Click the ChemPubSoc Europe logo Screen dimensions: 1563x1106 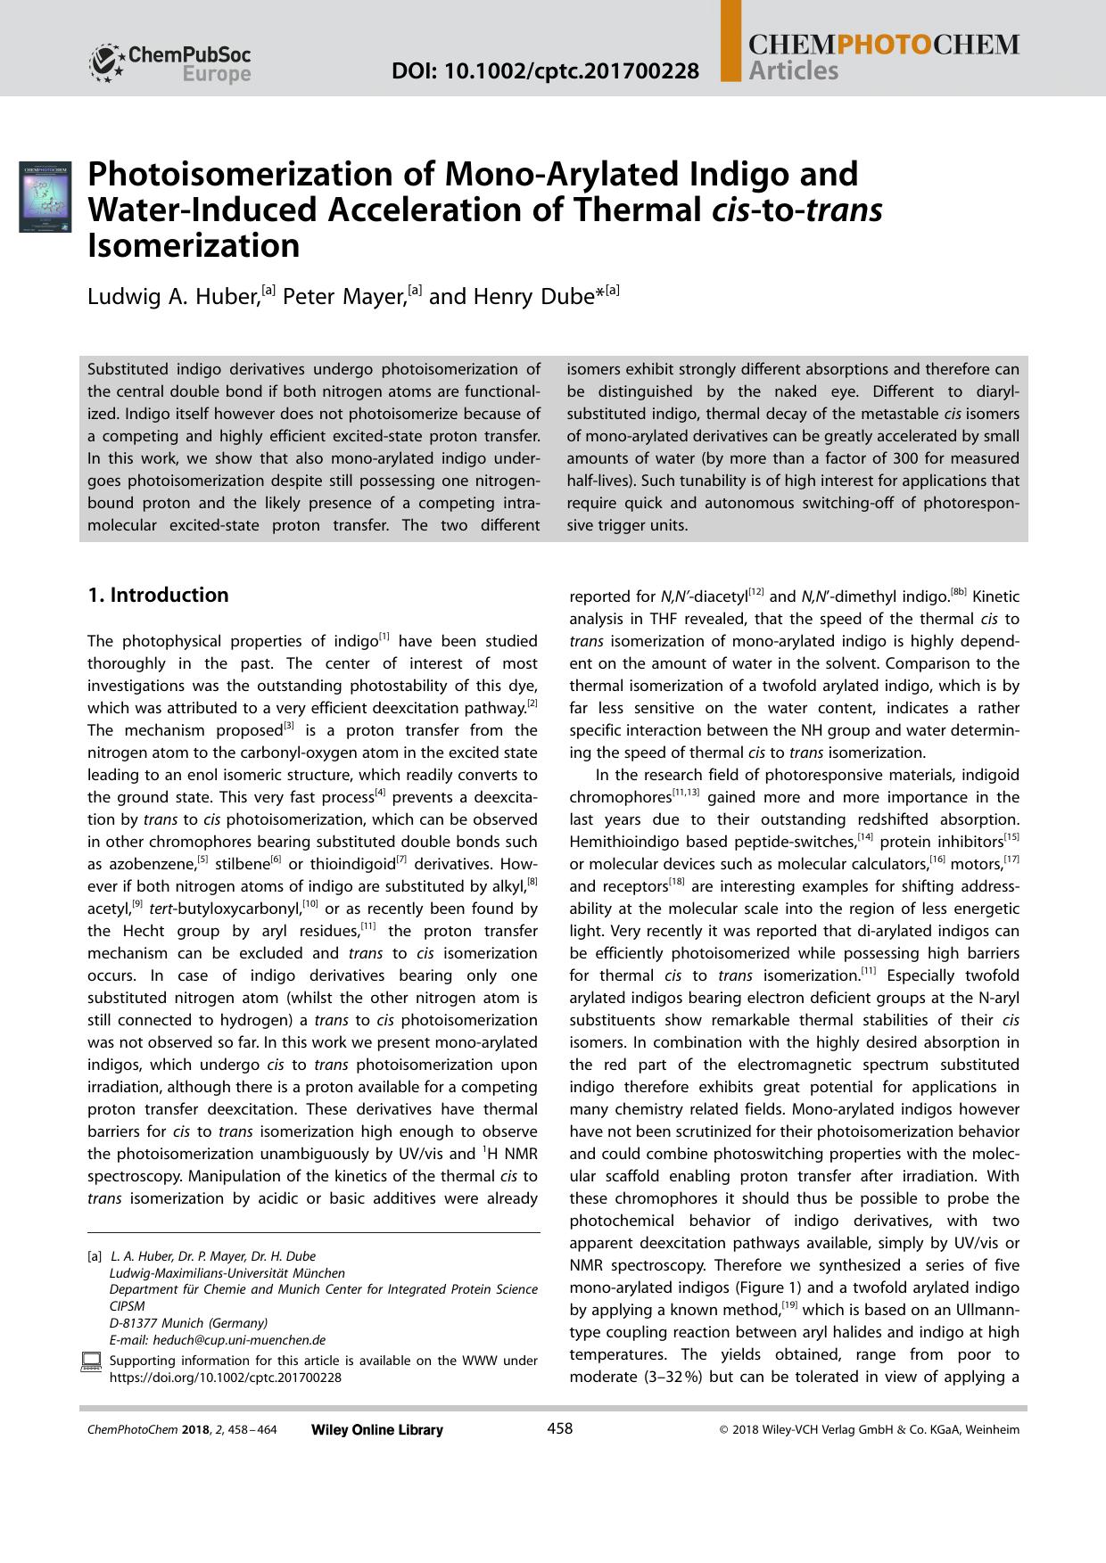(x=170, y=62)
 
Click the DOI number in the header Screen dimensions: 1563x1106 (x=545, y=70)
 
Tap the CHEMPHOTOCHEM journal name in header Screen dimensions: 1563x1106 (x=883, y=45)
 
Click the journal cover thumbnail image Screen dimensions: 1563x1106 (x=45, y=196)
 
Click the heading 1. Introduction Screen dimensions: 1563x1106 (x=158, y=595)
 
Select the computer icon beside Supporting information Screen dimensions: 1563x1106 (x=91, y=1361)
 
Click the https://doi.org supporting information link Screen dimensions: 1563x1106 (x=225, y=1378)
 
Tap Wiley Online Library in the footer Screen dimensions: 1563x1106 (x=376, y=1430)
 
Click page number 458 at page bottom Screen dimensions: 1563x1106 (x=559, y=1429)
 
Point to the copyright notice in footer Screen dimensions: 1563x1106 (x=869, y=1430)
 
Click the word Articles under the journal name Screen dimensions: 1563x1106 (x=794, y=71)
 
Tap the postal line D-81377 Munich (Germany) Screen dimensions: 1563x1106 (x=188, y=1323)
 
